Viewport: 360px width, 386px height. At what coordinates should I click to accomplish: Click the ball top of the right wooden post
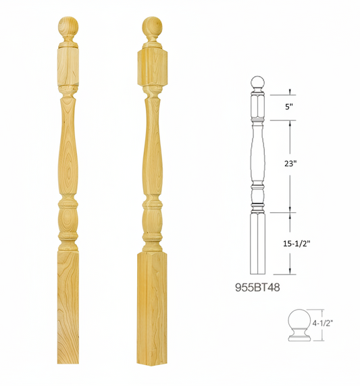152,28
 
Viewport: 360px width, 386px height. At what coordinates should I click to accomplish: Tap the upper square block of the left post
68,68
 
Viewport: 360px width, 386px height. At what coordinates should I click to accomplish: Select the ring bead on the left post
68,201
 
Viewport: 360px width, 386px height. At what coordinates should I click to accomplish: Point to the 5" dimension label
289,105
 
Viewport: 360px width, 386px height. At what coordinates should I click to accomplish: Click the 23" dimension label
290,162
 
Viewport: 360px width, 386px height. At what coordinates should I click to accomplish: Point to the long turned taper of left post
68,145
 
